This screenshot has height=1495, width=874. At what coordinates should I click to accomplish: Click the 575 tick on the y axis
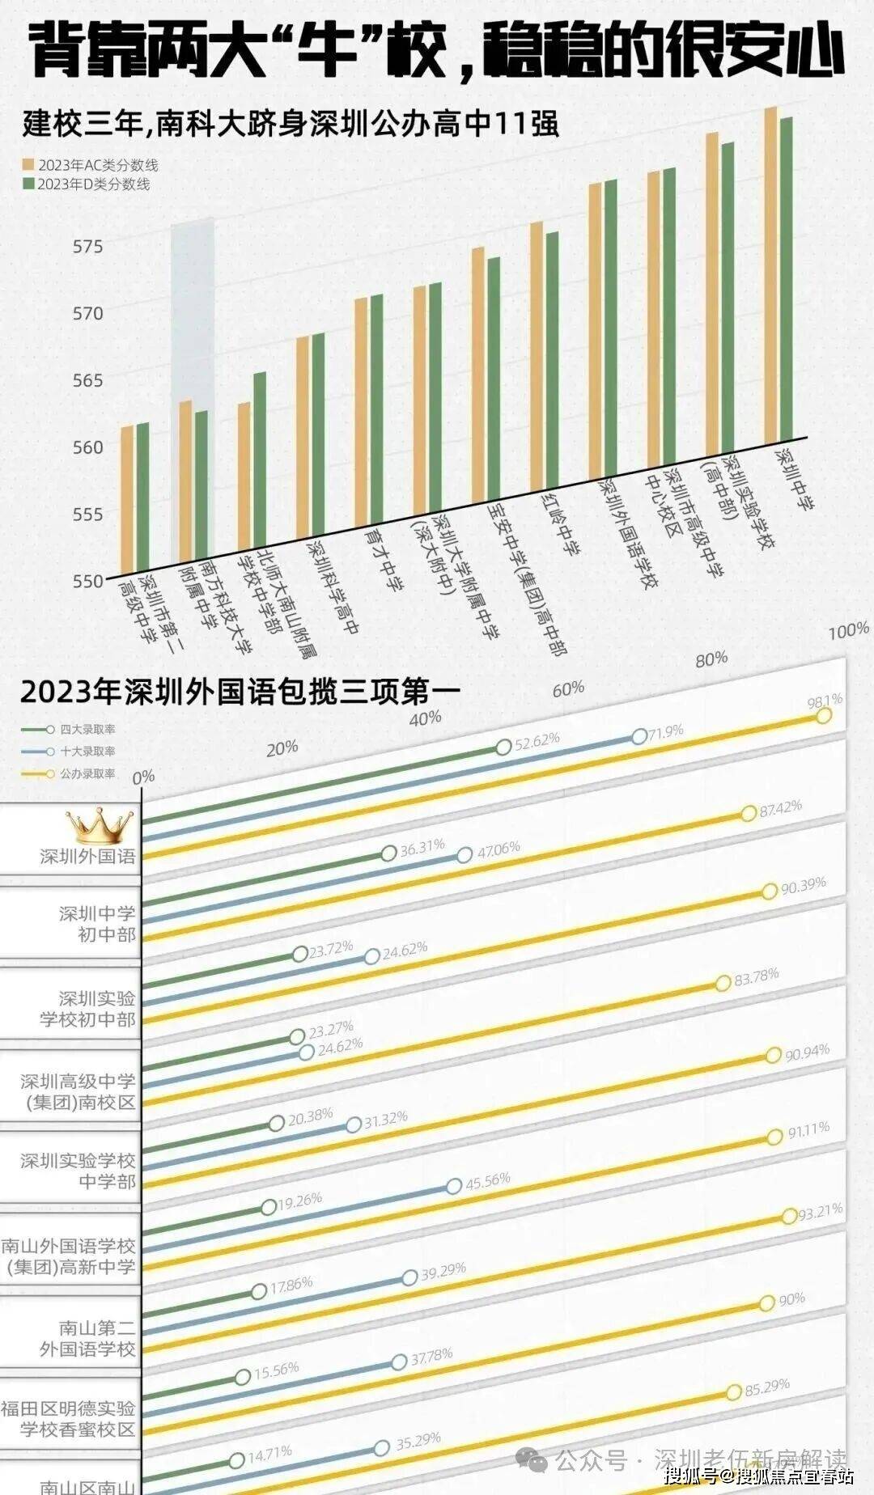(87, 246)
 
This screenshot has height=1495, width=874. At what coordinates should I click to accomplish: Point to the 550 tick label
(87, 580)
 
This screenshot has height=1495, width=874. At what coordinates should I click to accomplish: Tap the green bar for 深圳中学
(786, 275)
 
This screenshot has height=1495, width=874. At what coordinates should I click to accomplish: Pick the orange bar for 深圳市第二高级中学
(127, 498)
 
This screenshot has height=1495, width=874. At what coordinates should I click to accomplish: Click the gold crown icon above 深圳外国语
(99, 825)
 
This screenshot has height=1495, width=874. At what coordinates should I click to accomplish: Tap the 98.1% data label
(825, 700)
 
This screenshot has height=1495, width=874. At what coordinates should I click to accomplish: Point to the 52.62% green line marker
(503, 747)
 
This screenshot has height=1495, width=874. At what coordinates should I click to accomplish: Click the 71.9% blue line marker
(639, 736)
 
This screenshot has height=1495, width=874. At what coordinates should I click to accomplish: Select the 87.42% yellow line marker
(749, 814)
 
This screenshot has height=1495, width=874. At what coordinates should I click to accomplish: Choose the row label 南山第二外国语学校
(87, 1338)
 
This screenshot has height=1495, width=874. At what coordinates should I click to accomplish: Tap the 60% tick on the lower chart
(568, 688)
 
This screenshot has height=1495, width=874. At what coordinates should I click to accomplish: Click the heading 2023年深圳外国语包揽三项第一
(240, 692)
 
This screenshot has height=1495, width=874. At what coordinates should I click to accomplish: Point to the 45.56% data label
(488, 1180)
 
